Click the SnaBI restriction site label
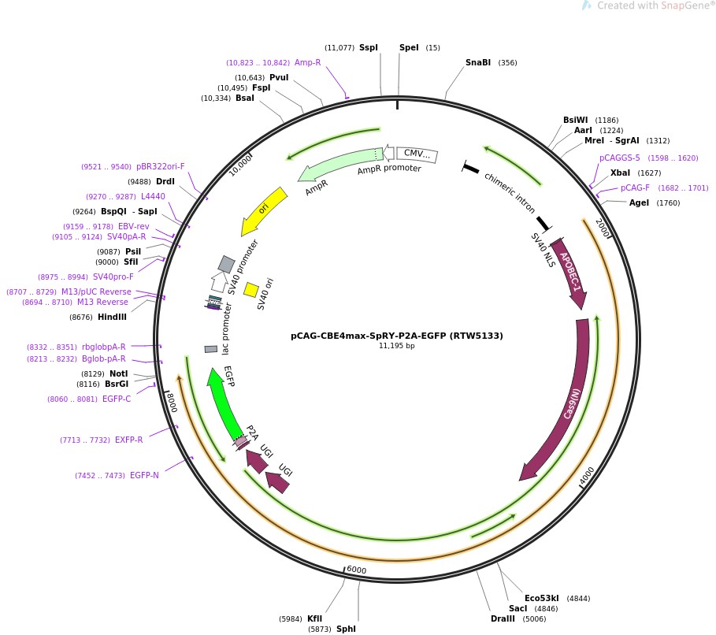pos(477,62)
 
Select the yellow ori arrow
pos(264,210)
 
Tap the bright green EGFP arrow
pos(224,403)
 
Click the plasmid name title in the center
pos(397,336)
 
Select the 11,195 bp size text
pos(396,346)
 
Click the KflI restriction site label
pos(314,618)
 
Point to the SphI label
pos(346,629)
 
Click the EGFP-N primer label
pos(144,475)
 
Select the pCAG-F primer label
pos(635,188)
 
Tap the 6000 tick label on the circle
pos(356,570)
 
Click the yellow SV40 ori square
pos(251,290)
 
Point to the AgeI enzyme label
pos(639,202)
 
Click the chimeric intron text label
pos(509,193)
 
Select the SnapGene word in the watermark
pos(684,6)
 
